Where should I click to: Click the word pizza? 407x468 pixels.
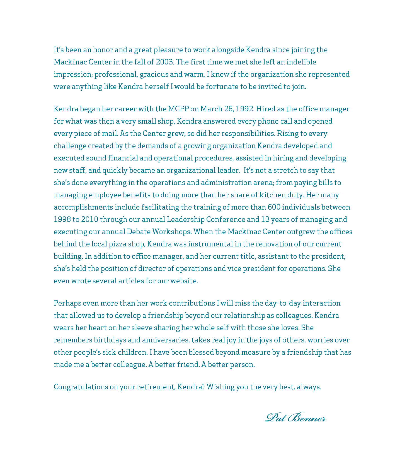[x=117, y=244]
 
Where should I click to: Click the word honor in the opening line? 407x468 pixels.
[x=103, y=50]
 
